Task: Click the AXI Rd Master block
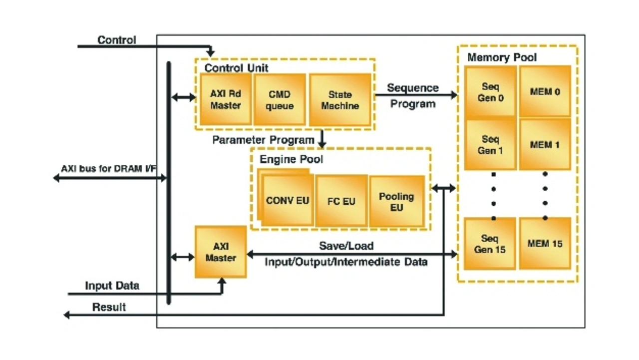(225, 99)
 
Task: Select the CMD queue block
(280, 99)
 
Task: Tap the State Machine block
(340, 100)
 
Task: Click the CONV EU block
(287, 201)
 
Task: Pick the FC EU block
(341, 201)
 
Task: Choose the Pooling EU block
(396, 201)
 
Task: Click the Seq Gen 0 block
(490, 92)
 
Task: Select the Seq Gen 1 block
(490, 144)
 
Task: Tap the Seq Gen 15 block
(490, 244)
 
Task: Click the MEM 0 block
(545, 92)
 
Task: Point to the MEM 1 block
(545, 145)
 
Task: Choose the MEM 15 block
(545, 244)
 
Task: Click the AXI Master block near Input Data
(221, 252)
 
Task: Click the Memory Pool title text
(502, 57)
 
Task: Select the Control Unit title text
(236, 68)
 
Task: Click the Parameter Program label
(263, 140)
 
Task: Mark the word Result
(109, 307)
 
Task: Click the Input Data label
(112, 286)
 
